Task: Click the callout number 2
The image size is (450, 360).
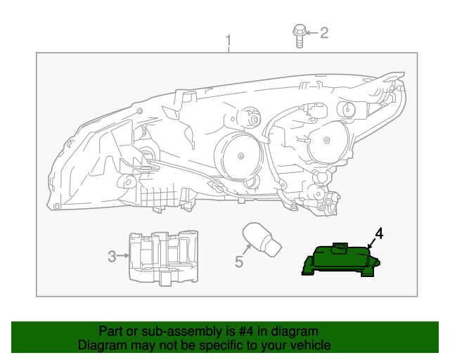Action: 324,32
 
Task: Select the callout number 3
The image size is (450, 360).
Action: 112,257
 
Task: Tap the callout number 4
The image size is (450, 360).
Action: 378,234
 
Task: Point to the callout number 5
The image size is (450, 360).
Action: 238,262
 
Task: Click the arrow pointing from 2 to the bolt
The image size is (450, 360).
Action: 313,32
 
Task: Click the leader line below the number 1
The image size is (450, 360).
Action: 227,49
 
